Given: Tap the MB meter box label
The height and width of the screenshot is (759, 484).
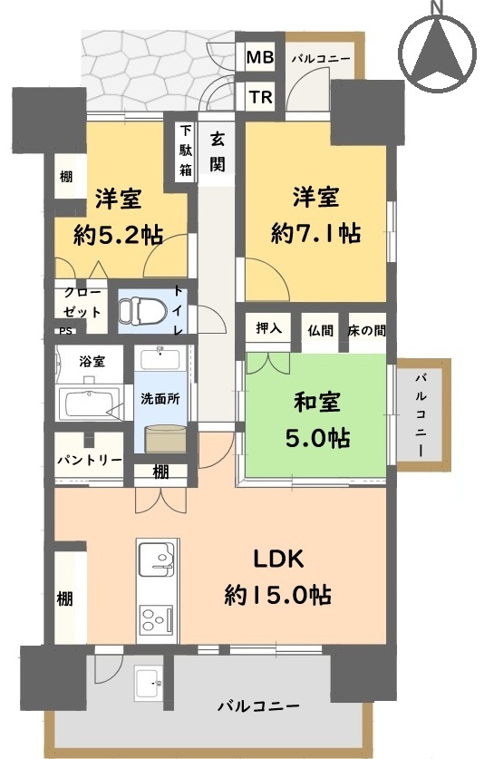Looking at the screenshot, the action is [x=260, y=58].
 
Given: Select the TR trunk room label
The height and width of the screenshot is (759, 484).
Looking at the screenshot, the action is [x=261, y=97].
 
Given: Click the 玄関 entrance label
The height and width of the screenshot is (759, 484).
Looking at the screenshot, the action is [x=218, y=152].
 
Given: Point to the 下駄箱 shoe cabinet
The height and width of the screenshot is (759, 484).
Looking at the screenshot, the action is [x=186, y=151].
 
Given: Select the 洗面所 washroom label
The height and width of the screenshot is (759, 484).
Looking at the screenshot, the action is [x=160, y=399].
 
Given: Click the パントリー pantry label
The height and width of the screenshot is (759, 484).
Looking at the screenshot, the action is [x=89, y=460].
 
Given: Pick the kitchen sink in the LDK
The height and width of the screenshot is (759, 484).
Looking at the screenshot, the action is [x=158, y=560].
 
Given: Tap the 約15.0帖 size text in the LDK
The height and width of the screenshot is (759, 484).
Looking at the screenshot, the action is [x=278, y=595].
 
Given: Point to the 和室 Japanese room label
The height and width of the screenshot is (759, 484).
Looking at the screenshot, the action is [x=317, y=402].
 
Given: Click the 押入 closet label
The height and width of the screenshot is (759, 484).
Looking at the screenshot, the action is [x=268, y=328].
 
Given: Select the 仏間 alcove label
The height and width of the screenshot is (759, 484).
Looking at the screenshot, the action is [x=321, y=331].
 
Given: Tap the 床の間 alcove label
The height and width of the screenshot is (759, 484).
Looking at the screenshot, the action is [x=367, y=331].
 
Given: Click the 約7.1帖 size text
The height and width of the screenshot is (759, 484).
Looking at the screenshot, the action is [x=316, y=234].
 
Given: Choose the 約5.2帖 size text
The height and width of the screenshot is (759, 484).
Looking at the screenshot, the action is [x=118, y=235].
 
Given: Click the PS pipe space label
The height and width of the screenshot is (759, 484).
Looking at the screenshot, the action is [x=66, y=332].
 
